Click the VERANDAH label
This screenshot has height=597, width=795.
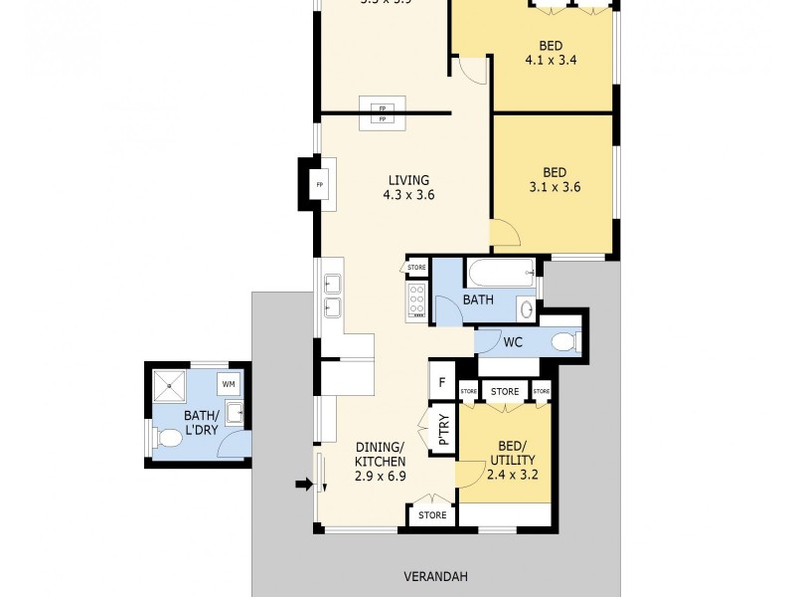pos(435,576)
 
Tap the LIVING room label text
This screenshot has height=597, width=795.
pos(408,187)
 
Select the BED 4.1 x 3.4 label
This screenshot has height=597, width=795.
pos(552,52)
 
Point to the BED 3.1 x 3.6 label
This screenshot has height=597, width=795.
pos(555,178)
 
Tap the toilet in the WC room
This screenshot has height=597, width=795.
pos(563,342)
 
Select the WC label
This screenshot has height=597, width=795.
pos(513,342)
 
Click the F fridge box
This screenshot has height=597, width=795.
pos(440,380)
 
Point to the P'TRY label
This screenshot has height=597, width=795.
pos(443,429)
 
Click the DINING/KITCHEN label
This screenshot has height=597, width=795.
pos(381,462)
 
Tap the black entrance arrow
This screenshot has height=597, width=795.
pos(304,485)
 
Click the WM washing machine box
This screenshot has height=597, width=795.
pos(229,383)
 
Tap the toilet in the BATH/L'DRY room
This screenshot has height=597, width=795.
pos(164,436)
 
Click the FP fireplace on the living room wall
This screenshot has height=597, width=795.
pos(320,185)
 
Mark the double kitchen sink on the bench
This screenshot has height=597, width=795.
pos(331,296)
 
